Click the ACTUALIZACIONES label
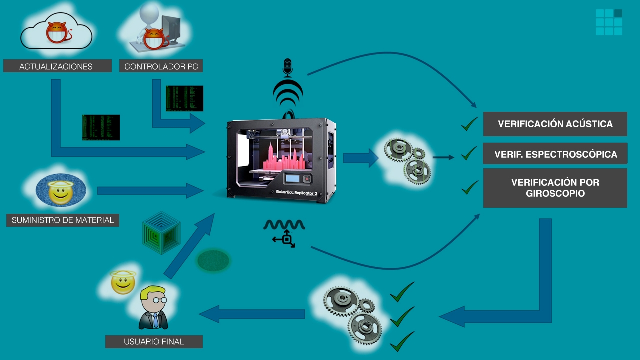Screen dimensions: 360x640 click(x=57, y=66)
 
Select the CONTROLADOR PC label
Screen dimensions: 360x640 click(x=161, y=66)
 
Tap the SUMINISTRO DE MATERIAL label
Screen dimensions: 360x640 click(x=63, y=220)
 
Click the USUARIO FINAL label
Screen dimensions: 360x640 click(x=154, y=342)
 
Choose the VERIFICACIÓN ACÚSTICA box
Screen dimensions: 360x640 click(x=555, y=124)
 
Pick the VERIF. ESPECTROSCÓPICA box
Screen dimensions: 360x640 click(x=555, y=154)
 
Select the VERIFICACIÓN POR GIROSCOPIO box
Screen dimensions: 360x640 click(x=555, y=188)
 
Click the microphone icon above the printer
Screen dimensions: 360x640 click(x=287, y=67)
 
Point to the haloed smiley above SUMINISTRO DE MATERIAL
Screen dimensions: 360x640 click(x=61, y=191)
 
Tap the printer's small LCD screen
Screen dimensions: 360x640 click(x=293, y=178)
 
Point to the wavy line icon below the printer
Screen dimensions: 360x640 click(x=284, y=225)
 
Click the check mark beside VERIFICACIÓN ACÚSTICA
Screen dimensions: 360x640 click(x=469, y=124)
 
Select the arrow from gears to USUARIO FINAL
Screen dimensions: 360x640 click(x=252, y=314)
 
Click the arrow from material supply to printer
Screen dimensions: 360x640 click(x=150, y=190)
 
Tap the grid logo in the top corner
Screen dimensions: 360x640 click(x=609, y=22)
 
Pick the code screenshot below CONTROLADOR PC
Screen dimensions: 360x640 click(x=184, y=98)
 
